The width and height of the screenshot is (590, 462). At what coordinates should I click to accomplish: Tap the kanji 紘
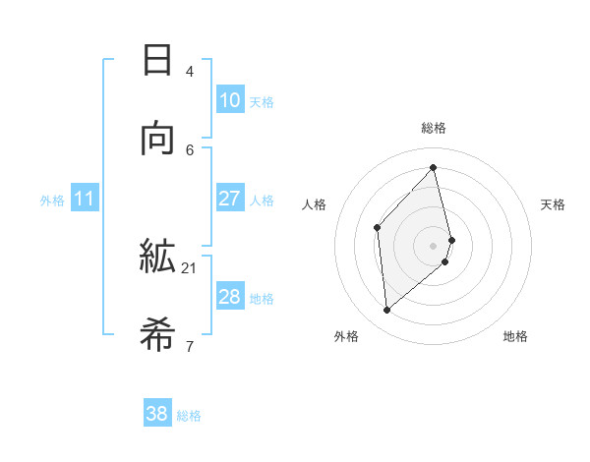click(157, 257)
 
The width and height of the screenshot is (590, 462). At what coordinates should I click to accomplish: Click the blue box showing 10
click(229, 100)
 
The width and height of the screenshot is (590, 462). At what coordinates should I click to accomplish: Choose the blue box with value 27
click(229, 199)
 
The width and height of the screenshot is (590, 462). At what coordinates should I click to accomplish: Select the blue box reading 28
click(229, 297)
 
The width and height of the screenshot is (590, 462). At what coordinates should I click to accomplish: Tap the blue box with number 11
click(84, 200)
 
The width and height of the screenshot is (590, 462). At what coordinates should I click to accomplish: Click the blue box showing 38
click(156, 415)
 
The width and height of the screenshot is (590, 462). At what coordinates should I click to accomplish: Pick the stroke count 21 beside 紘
click(190, 267)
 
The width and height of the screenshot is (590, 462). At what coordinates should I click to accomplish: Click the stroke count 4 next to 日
click(190, 71)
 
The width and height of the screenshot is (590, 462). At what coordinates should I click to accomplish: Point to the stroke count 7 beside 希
click(190, 346)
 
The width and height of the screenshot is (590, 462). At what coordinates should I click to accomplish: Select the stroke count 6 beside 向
click(190, 149)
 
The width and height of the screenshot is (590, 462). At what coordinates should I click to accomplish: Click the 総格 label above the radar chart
click(434, 128)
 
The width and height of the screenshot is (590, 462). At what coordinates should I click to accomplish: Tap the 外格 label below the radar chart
click(346, 336)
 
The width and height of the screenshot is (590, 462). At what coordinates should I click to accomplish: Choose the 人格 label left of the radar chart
click(314, 204)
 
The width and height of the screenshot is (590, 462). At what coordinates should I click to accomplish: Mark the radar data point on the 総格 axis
click(434, 167)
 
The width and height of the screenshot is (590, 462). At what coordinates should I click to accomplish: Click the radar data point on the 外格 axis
click(386, 310)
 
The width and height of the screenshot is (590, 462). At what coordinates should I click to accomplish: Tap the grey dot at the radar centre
click(434, 245)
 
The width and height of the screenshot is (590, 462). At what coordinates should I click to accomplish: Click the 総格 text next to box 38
click(189, 416)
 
